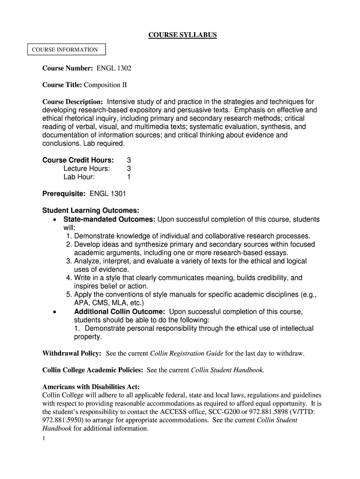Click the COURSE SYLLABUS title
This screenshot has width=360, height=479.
point(182,35)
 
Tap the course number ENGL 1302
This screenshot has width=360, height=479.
point(114,68)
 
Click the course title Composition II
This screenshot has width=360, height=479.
point(105,85)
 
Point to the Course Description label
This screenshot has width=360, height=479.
point(72,102)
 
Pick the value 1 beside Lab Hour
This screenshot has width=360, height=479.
point(129,177)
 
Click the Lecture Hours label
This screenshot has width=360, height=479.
point(87,168)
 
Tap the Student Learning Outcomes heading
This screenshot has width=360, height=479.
point(91,210)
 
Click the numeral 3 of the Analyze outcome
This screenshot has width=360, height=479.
point(69,261)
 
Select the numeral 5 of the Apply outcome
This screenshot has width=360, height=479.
point(69,295)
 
